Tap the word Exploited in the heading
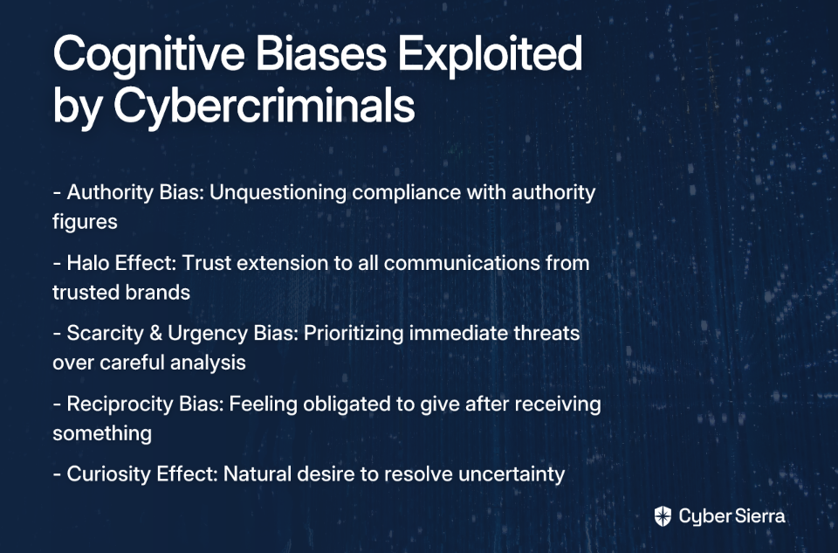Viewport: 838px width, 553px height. (490, 53)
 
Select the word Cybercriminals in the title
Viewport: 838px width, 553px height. (264, 105)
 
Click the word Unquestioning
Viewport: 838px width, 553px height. (278, 193)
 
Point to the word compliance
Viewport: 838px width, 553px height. (406, 193)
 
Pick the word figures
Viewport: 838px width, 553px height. (85, 222)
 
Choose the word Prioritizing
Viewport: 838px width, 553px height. (354, 334)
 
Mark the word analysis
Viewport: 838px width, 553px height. (208, 363)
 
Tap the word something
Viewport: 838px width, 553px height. (102, 433)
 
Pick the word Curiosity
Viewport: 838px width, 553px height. (108, 474)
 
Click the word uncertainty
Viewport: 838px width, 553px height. (512, 474)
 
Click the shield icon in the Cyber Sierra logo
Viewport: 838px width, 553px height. (663, 516)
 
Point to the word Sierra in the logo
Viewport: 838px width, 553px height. (759, 516)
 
